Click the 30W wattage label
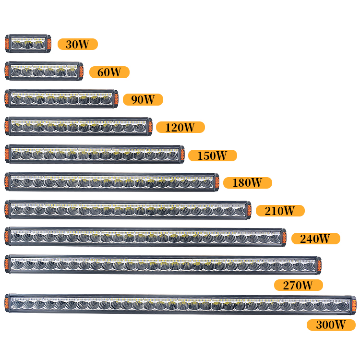point(77,44)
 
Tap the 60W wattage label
point(109,72)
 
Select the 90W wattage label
point(143,99)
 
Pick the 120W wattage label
point(180,127)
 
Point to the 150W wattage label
point(212,156)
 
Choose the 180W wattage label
point(247,183)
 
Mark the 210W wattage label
point(280,211)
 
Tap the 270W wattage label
point(298,285)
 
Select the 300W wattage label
point(331,325)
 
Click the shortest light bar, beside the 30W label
point(28,44)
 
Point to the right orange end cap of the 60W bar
point(81,72)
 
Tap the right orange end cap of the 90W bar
point(116,99)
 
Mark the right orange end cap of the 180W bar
point(217,182)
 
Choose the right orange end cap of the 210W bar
point(250,210)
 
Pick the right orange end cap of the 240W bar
point(284,237)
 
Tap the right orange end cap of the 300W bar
point(354,304)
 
